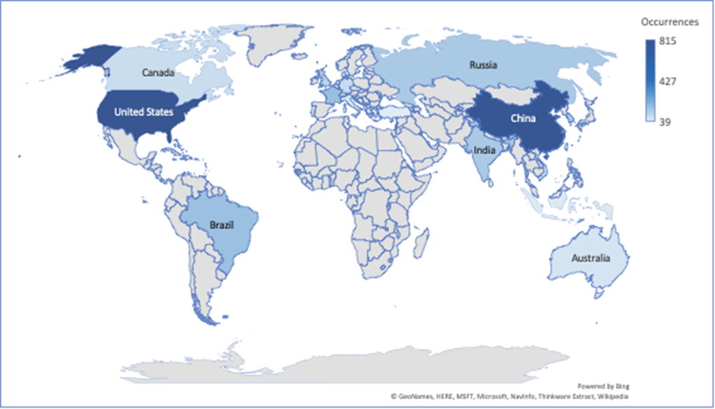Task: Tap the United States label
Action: (x=144, y=111)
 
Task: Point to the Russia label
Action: (x=483, y=66)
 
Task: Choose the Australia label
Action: (x=590, y=258)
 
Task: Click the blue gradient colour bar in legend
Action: (x=650, y=82)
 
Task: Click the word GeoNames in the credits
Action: (x=418, y=396)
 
